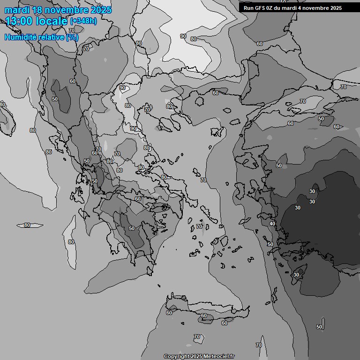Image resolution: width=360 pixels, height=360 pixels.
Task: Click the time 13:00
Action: click(20, 21)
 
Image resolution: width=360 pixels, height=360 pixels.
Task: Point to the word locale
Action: click(52, 21)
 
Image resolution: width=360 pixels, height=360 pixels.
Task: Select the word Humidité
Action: click(19, 37)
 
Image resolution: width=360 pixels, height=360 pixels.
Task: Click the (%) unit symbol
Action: click(72, 37)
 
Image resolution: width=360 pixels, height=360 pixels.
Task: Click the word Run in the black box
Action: click(248, 8)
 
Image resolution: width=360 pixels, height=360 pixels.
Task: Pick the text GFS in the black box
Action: click(260, 8)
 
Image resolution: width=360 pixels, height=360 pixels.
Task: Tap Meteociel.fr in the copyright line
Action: click(218, 356)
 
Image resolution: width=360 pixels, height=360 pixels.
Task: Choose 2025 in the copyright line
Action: click(195, 356)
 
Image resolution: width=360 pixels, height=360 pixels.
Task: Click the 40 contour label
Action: click(272, 224)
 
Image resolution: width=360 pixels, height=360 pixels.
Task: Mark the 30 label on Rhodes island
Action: click(296, 275)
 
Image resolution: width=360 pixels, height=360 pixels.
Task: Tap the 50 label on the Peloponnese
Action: click(132, 228)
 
